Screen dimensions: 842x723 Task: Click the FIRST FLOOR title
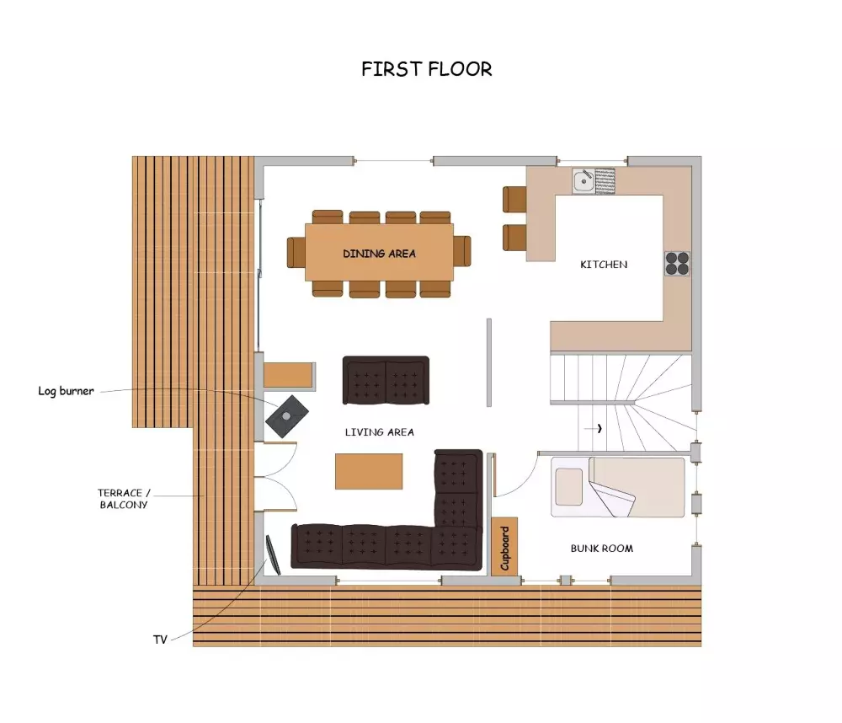(426, 69)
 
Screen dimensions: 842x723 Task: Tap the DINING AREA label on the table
(379, 254)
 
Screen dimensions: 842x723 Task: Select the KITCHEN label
(604, 265)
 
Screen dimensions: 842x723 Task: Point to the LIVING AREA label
(379, 432)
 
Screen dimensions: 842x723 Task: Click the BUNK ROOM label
(601, 549)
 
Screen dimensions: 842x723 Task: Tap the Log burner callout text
(66, 391)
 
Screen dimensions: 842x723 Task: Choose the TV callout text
(160, 640)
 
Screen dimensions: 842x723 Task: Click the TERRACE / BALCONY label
(124, 499)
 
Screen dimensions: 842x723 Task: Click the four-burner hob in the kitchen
(677, 264)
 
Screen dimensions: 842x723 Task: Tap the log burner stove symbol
(287, 416)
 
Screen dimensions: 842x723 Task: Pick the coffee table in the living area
(369, 471)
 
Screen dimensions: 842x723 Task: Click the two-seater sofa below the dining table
(386, 380)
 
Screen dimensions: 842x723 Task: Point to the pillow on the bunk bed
(568, 487)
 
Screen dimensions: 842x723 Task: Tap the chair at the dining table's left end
(296, 252)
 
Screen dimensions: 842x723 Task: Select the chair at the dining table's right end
(462, 251)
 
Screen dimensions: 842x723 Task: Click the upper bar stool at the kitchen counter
(514, 199)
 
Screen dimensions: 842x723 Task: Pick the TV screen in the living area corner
(274, 554)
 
